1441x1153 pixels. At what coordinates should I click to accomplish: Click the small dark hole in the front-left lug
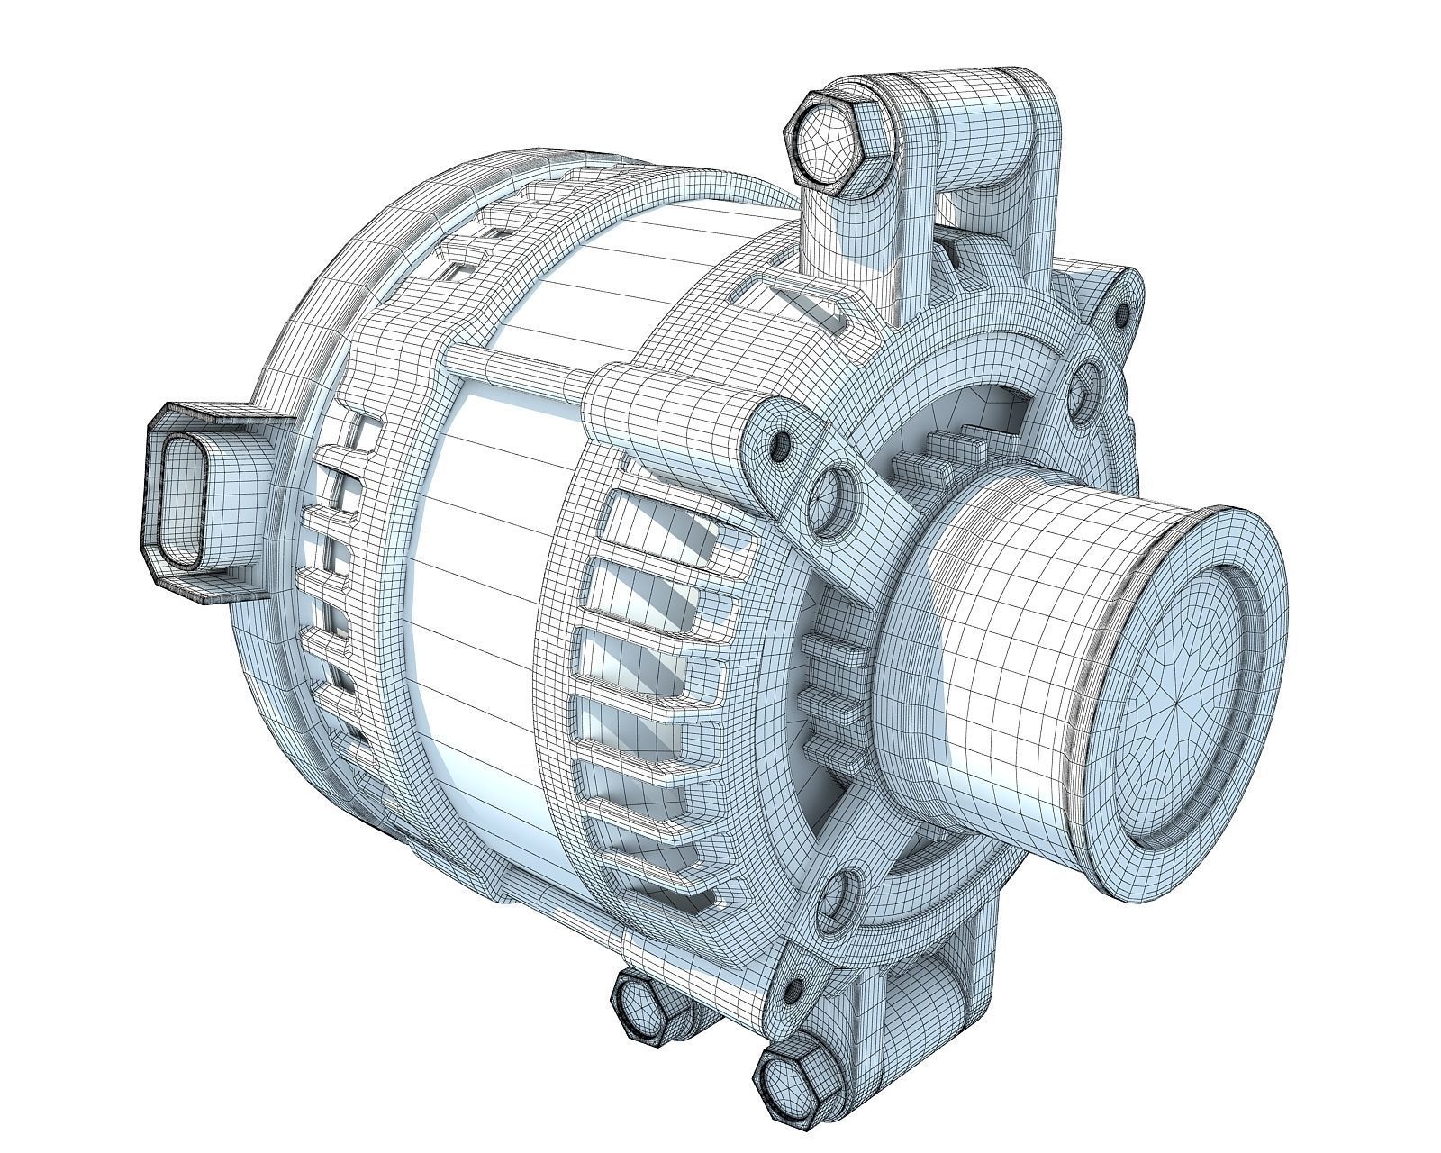(x=781, y=443)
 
